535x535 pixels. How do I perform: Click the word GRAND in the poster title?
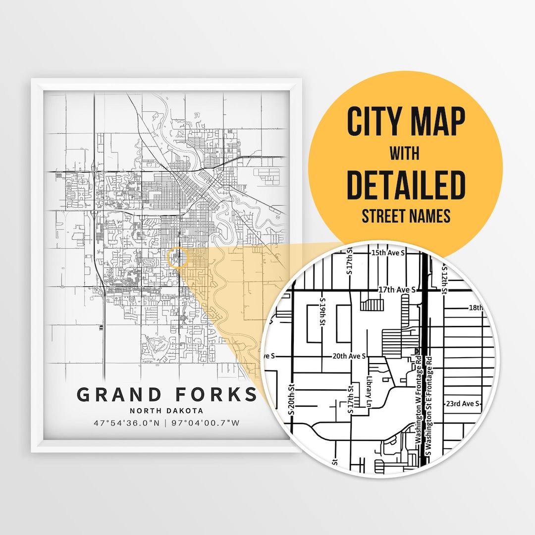click(x=119, y=395)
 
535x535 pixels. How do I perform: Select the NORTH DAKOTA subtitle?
click(x=166, y=411)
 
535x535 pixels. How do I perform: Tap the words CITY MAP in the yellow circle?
click(x=406, y=122)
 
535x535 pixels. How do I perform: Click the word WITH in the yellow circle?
click(x=404, y=154)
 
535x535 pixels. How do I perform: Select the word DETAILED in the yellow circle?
click(x=406, y=185)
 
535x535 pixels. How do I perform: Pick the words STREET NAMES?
click(x=406, y=216)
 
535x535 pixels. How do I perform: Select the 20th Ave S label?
click(x=349, y=356)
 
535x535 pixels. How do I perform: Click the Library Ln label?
click(x=369, y=394)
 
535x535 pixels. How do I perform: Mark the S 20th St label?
click(x=292, y=399)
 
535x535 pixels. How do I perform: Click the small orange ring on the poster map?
click(x=178, y=258)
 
